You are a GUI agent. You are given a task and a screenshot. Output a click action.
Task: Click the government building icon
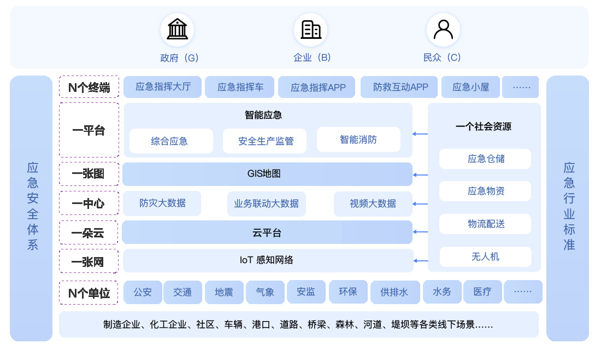(x=177, y=29)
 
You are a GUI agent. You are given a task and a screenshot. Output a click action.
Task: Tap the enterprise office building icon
(x=310, y=30)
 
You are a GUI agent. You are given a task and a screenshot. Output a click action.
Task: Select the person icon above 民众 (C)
(x=443, y=30)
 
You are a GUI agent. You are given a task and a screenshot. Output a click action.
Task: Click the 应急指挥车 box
(x=240, y=87)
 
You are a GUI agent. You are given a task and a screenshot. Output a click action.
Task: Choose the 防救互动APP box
(x=400, y=87)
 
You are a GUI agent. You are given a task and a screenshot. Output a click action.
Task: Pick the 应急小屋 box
(x=470, y=87)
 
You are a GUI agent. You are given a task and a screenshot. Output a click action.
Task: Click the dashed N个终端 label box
(x=89, y=87)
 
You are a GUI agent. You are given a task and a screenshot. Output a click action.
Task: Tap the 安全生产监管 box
(x=265, y=141)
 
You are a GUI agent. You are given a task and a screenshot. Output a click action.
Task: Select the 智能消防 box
(x=358, y=139)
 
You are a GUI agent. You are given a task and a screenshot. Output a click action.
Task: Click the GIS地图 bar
(x=267, y=174)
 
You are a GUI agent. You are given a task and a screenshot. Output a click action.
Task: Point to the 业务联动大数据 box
(x=267, y=203)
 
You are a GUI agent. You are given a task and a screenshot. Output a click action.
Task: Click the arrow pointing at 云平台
(x=420, y=232)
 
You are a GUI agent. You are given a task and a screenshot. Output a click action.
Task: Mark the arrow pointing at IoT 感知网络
(x=421, y=261)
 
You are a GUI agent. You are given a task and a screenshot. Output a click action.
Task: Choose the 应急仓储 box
(x=485, y=159)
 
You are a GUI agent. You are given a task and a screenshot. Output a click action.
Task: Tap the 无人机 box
(x=485, y=257)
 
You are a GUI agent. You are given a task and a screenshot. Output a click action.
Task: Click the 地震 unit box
(x=224, y=292)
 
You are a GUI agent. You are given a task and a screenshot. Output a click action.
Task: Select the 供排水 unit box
(x=394, y=292)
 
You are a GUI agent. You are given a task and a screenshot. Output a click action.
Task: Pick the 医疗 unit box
(x=482, y=292)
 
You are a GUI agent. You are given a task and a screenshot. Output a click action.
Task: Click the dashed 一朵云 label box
(x=89, y=232)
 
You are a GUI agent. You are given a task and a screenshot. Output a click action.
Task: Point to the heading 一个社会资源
(x=484, y=126)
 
